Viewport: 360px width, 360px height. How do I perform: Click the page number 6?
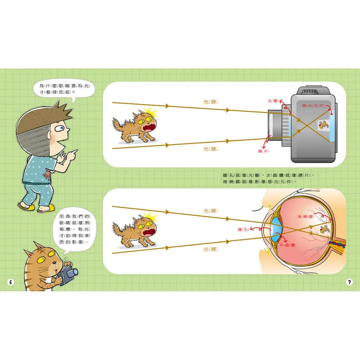(10, 282)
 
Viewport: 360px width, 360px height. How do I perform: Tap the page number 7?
(349, 282)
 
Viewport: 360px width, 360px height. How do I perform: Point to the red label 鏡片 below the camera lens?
(263, 151)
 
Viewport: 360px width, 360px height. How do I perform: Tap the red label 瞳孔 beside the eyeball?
(243, 229)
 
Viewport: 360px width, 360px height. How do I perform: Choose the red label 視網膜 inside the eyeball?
(305, 217)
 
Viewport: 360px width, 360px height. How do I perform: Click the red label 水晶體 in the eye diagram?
(287, 246)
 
